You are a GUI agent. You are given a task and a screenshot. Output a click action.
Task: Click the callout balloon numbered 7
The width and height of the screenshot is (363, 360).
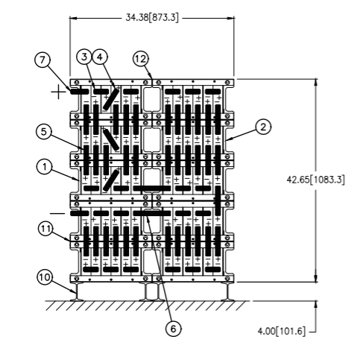point(42,60)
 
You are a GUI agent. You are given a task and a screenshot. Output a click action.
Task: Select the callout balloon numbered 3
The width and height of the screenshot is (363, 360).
point(84,57)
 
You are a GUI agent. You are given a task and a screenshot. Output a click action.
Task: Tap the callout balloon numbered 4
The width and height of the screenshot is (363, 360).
point(100,57)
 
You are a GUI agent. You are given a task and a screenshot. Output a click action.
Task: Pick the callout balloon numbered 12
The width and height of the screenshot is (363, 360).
point(141,59)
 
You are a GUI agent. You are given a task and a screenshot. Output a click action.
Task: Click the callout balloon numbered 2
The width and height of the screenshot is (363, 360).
point(263,127)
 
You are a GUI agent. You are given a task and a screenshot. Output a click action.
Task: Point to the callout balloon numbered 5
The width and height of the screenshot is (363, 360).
point(44,132)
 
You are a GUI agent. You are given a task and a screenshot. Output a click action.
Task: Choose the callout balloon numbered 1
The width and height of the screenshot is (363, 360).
point(45,167)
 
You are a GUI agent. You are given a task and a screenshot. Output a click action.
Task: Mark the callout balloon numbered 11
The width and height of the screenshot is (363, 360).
point(45,229)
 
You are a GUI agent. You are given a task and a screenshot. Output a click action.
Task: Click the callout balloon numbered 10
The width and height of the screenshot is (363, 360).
point(45,277)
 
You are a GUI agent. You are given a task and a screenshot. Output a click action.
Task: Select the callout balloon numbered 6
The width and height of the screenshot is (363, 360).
point(173,329)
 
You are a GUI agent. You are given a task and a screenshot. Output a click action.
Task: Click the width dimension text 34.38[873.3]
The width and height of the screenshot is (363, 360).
point(152,18)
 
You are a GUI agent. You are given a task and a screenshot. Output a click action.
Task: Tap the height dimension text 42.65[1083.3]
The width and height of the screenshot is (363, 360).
point(316,180)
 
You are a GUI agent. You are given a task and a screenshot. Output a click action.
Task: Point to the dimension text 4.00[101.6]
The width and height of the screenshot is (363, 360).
point(281,331)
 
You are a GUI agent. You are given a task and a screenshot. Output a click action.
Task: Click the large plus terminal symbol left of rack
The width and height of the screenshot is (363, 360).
point(58,92)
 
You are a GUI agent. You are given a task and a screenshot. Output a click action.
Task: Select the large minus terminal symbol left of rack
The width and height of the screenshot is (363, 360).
point(57,213)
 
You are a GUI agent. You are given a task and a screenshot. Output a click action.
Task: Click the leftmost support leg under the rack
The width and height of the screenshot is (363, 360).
point(77,291)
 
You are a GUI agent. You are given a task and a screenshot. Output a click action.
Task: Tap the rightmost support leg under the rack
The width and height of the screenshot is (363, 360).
point(227,291)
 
